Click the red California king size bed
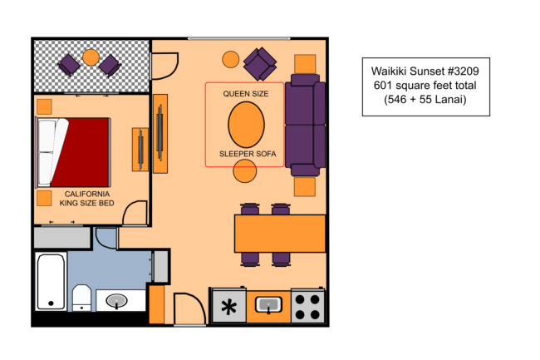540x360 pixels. coord(72,153)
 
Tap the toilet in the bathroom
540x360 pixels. coord(81,298)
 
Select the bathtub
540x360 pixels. coord(51,282)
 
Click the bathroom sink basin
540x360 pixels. coord(116,301)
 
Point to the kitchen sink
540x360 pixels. coord(268,305)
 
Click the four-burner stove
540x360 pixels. coord(307,306)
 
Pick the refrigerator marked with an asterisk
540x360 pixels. coord(229,306)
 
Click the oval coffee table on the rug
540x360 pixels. coord(246,125)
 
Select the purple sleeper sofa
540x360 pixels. coord(306,125)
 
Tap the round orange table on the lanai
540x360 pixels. coord(91,57)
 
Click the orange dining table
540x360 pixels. coord(280,234)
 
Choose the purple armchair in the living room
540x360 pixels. coord(260,64)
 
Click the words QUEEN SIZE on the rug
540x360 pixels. coord(246,93)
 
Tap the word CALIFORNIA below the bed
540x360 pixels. coord(87,194)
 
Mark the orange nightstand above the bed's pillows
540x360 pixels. coord(44,106)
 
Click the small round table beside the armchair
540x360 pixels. coord(230,59)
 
